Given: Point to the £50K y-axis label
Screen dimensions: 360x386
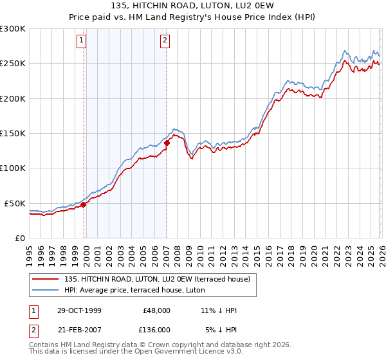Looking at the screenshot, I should point(14,203).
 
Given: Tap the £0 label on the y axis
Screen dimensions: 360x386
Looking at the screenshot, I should point(19,238).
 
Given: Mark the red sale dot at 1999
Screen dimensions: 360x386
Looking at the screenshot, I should point(84,204).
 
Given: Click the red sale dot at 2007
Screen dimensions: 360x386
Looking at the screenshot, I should point(167,143).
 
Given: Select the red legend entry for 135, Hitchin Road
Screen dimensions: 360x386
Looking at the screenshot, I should point(161,278).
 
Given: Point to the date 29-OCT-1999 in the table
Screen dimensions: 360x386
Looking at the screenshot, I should point(79,310).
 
